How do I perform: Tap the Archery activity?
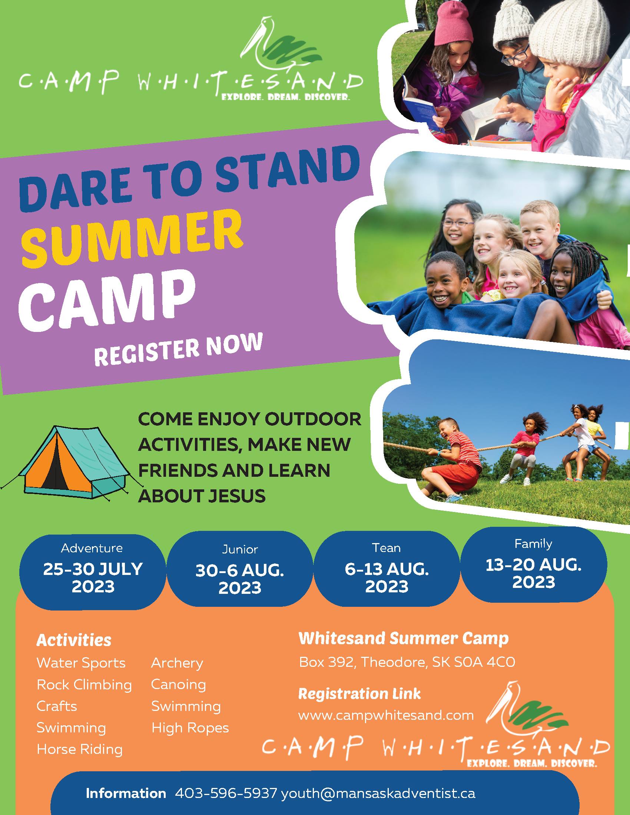(x=177, y=663)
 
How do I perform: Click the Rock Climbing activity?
(x=84, y=685)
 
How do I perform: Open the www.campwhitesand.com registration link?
(x=386, y=715)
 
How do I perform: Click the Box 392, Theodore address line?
(x=407, y=662)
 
